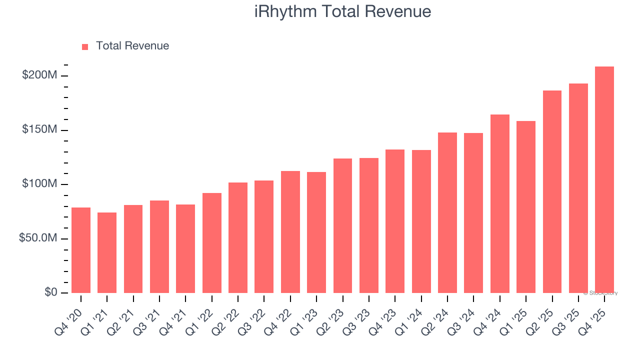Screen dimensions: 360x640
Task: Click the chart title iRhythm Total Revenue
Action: click(342, 11)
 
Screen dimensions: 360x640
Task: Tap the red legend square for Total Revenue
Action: click(85, 46)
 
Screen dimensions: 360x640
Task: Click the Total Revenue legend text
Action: click(132, 46)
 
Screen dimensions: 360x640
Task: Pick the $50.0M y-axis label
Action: click(38, 238)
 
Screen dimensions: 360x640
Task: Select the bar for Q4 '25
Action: click(604, 180)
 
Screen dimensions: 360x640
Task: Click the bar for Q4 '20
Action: click(81, 250)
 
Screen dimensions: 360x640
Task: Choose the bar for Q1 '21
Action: click(107, 252)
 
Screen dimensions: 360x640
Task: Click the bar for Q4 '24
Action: click(499, 203)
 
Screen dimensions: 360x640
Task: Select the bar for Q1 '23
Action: click(316, 232)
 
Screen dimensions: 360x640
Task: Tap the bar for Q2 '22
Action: click(238, 237)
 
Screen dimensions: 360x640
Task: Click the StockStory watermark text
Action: click(600, 293)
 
